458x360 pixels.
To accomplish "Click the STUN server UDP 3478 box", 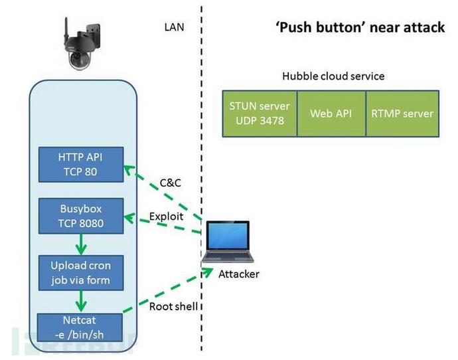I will pyautogui.click(x=260, y=113).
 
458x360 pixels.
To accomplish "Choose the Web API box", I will pyautogui.click(x=331, y=113).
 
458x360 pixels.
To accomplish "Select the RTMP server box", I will pyautogui.click(x=402, y=113).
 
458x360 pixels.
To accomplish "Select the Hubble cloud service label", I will pyautogui.click(x=333, y=76).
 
